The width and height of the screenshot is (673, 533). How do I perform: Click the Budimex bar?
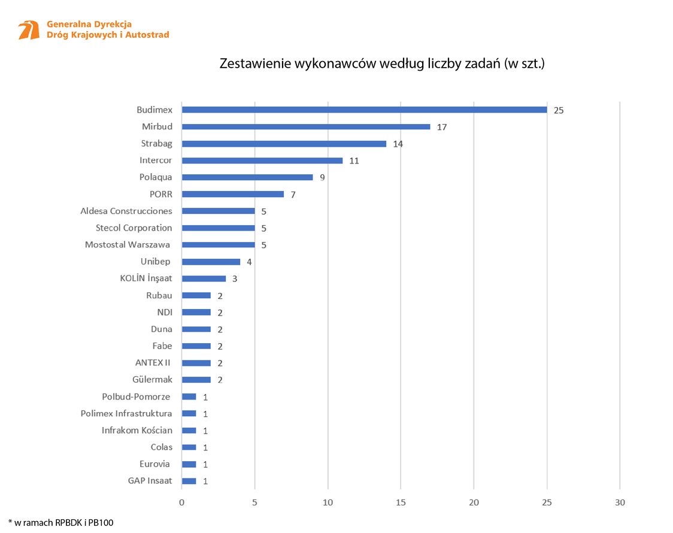tap(364, 110)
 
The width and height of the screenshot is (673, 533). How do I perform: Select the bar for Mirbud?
tap(306, 127)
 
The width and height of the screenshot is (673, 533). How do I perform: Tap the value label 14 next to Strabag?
tap(398, 144)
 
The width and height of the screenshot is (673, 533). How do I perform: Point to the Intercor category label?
tap(156, 160)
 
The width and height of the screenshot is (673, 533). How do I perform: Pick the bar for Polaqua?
tap(247, 177)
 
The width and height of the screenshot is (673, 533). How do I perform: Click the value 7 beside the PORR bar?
tap(293, 195)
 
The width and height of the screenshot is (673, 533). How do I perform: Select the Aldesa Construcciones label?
tap(126, 211)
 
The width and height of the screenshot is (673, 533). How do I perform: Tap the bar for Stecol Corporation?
tap(218, 228)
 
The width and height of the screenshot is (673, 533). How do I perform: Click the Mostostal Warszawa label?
tap(128, 244)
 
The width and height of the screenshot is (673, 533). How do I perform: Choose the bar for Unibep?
tap(211, 262)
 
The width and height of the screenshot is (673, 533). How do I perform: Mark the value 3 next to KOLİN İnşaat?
tap(235, 279)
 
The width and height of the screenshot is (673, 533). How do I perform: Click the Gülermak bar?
tap(196, 380)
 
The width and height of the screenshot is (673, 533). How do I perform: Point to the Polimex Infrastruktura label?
tap(126, 413)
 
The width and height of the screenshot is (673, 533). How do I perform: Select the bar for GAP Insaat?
tap(189, 481)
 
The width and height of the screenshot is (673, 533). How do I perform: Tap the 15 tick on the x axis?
tap(401, 502)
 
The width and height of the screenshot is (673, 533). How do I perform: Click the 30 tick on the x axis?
tap(620, 502)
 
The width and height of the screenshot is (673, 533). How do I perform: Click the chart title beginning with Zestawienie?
tap(382, 63)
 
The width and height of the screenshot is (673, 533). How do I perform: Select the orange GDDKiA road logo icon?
tap(29, 30)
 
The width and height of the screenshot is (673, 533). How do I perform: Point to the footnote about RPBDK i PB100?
tap(61, 522)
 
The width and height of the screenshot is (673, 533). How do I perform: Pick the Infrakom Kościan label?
tap(137, 430)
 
